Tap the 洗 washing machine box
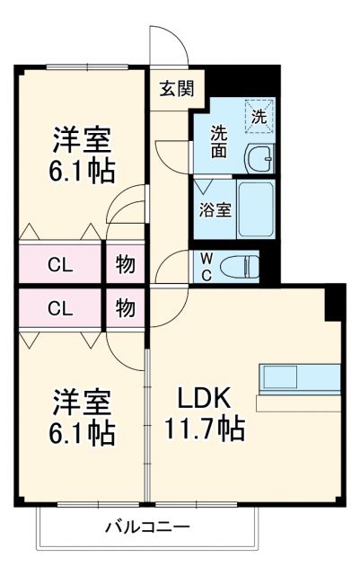click(x=259, y=115)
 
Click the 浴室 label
click(x=214, y=212)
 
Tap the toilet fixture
click(x=240, y=266)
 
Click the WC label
click(x=205, y=267)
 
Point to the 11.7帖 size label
click(x=204, y=429)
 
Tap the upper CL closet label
click(x=61, y=266)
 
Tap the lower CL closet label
click(x=61, y=309)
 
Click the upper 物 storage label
click(x=126, y=266)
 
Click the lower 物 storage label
click(x=126, y=309)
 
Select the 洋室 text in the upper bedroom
click(x=82, y=141)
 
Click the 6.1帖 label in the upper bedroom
click(x=82, y=171)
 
